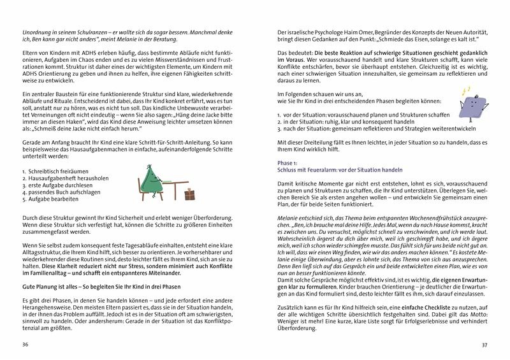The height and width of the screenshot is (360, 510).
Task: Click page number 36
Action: point(25,345)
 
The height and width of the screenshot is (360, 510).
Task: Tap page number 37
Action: point(484,345)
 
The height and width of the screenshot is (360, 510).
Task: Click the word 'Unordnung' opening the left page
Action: point(38,32)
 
